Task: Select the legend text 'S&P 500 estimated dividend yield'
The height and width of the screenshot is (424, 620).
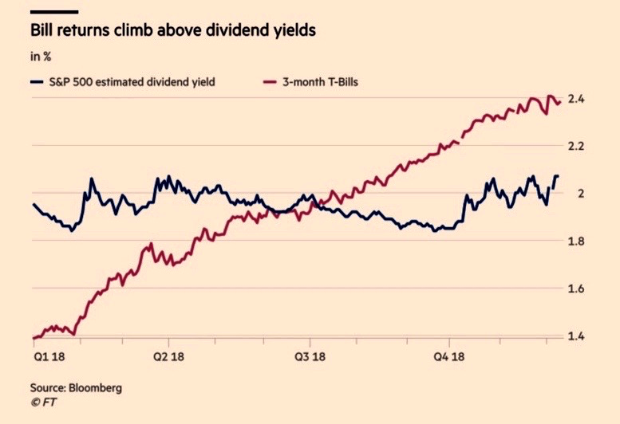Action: tap(132, 81)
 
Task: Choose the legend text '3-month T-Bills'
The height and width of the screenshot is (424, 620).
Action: tap(321, 81)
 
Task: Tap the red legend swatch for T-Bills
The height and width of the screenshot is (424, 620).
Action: tap(269, 81)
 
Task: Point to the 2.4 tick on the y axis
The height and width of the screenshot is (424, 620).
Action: tap(577, 100)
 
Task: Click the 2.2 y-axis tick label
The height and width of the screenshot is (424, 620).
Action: tap(577, 147)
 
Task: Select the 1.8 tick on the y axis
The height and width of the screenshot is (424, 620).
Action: tap(577, 241)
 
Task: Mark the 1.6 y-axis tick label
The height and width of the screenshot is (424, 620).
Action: tap(577, 289)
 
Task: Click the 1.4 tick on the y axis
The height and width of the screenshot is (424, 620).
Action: tap(577, 336)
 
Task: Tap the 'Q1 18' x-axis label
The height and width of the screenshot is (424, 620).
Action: tap(45, 356)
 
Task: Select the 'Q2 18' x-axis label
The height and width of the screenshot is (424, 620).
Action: tap(170, 356)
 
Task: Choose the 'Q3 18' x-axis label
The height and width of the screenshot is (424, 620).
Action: tap(311, 356)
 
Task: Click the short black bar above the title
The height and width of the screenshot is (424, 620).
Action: tap(54, 12)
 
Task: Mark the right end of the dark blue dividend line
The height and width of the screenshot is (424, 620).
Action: tap(557, 175)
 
